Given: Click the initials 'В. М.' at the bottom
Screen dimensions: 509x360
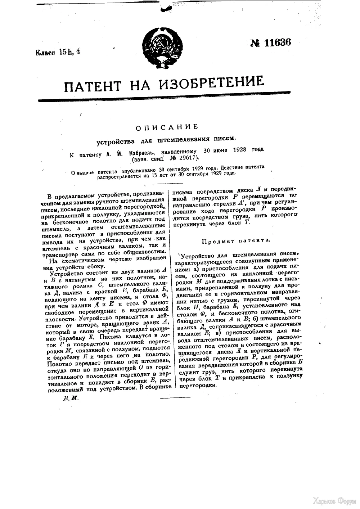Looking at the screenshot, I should pos(71,398).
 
